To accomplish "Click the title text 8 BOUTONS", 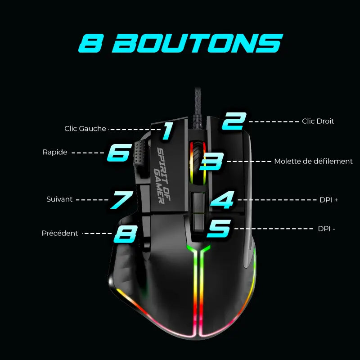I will (x=180, y=44).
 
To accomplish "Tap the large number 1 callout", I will (x=167, y=130).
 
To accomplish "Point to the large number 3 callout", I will (x=212, y=161).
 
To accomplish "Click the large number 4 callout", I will (x=222, y=200).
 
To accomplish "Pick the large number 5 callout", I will (x=219, y=228).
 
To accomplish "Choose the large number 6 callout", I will (x=119, y=153).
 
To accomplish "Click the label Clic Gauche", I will (x=85, y=129).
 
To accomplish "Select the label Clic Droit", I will (x=318, y=121).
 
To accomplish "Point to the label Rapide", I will (x=55, y=152).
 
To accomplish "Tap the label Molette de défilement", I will (x=313, y=161).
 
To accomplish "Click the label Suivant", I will (x=59, y=199).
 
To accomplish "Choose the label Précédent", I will (x=60, y=233).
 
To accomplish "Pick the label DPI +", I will (x=328, y=200).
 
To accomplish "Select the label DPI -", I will (x=326, y=229).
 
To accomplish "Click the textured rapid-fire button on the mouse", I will (x=140, y=153).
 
